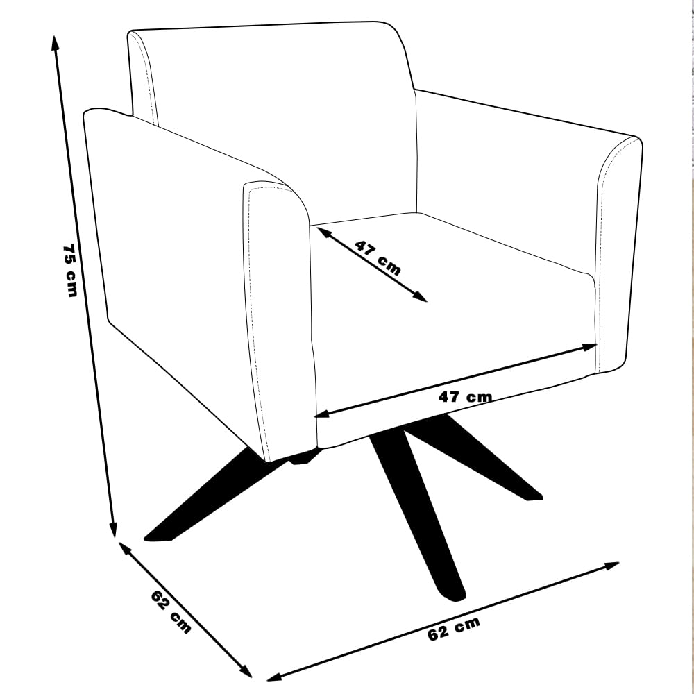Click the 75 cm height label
point(71,270)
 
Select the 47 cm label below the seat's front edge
point(465,397)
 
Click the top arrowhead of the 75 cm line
point(55,43)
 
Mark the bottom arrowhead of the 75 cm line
point(114,530)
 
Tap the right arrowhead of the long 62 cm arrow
point(611,566)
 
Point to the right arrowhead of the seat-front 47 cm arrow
point(591,346)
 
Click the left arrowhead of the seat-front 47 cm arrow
point(321,414)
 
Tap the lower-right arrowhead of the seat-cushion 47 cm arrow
point(421,297)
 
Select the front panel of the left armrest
point(279,319)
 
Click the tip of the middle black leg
point(454,597)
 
